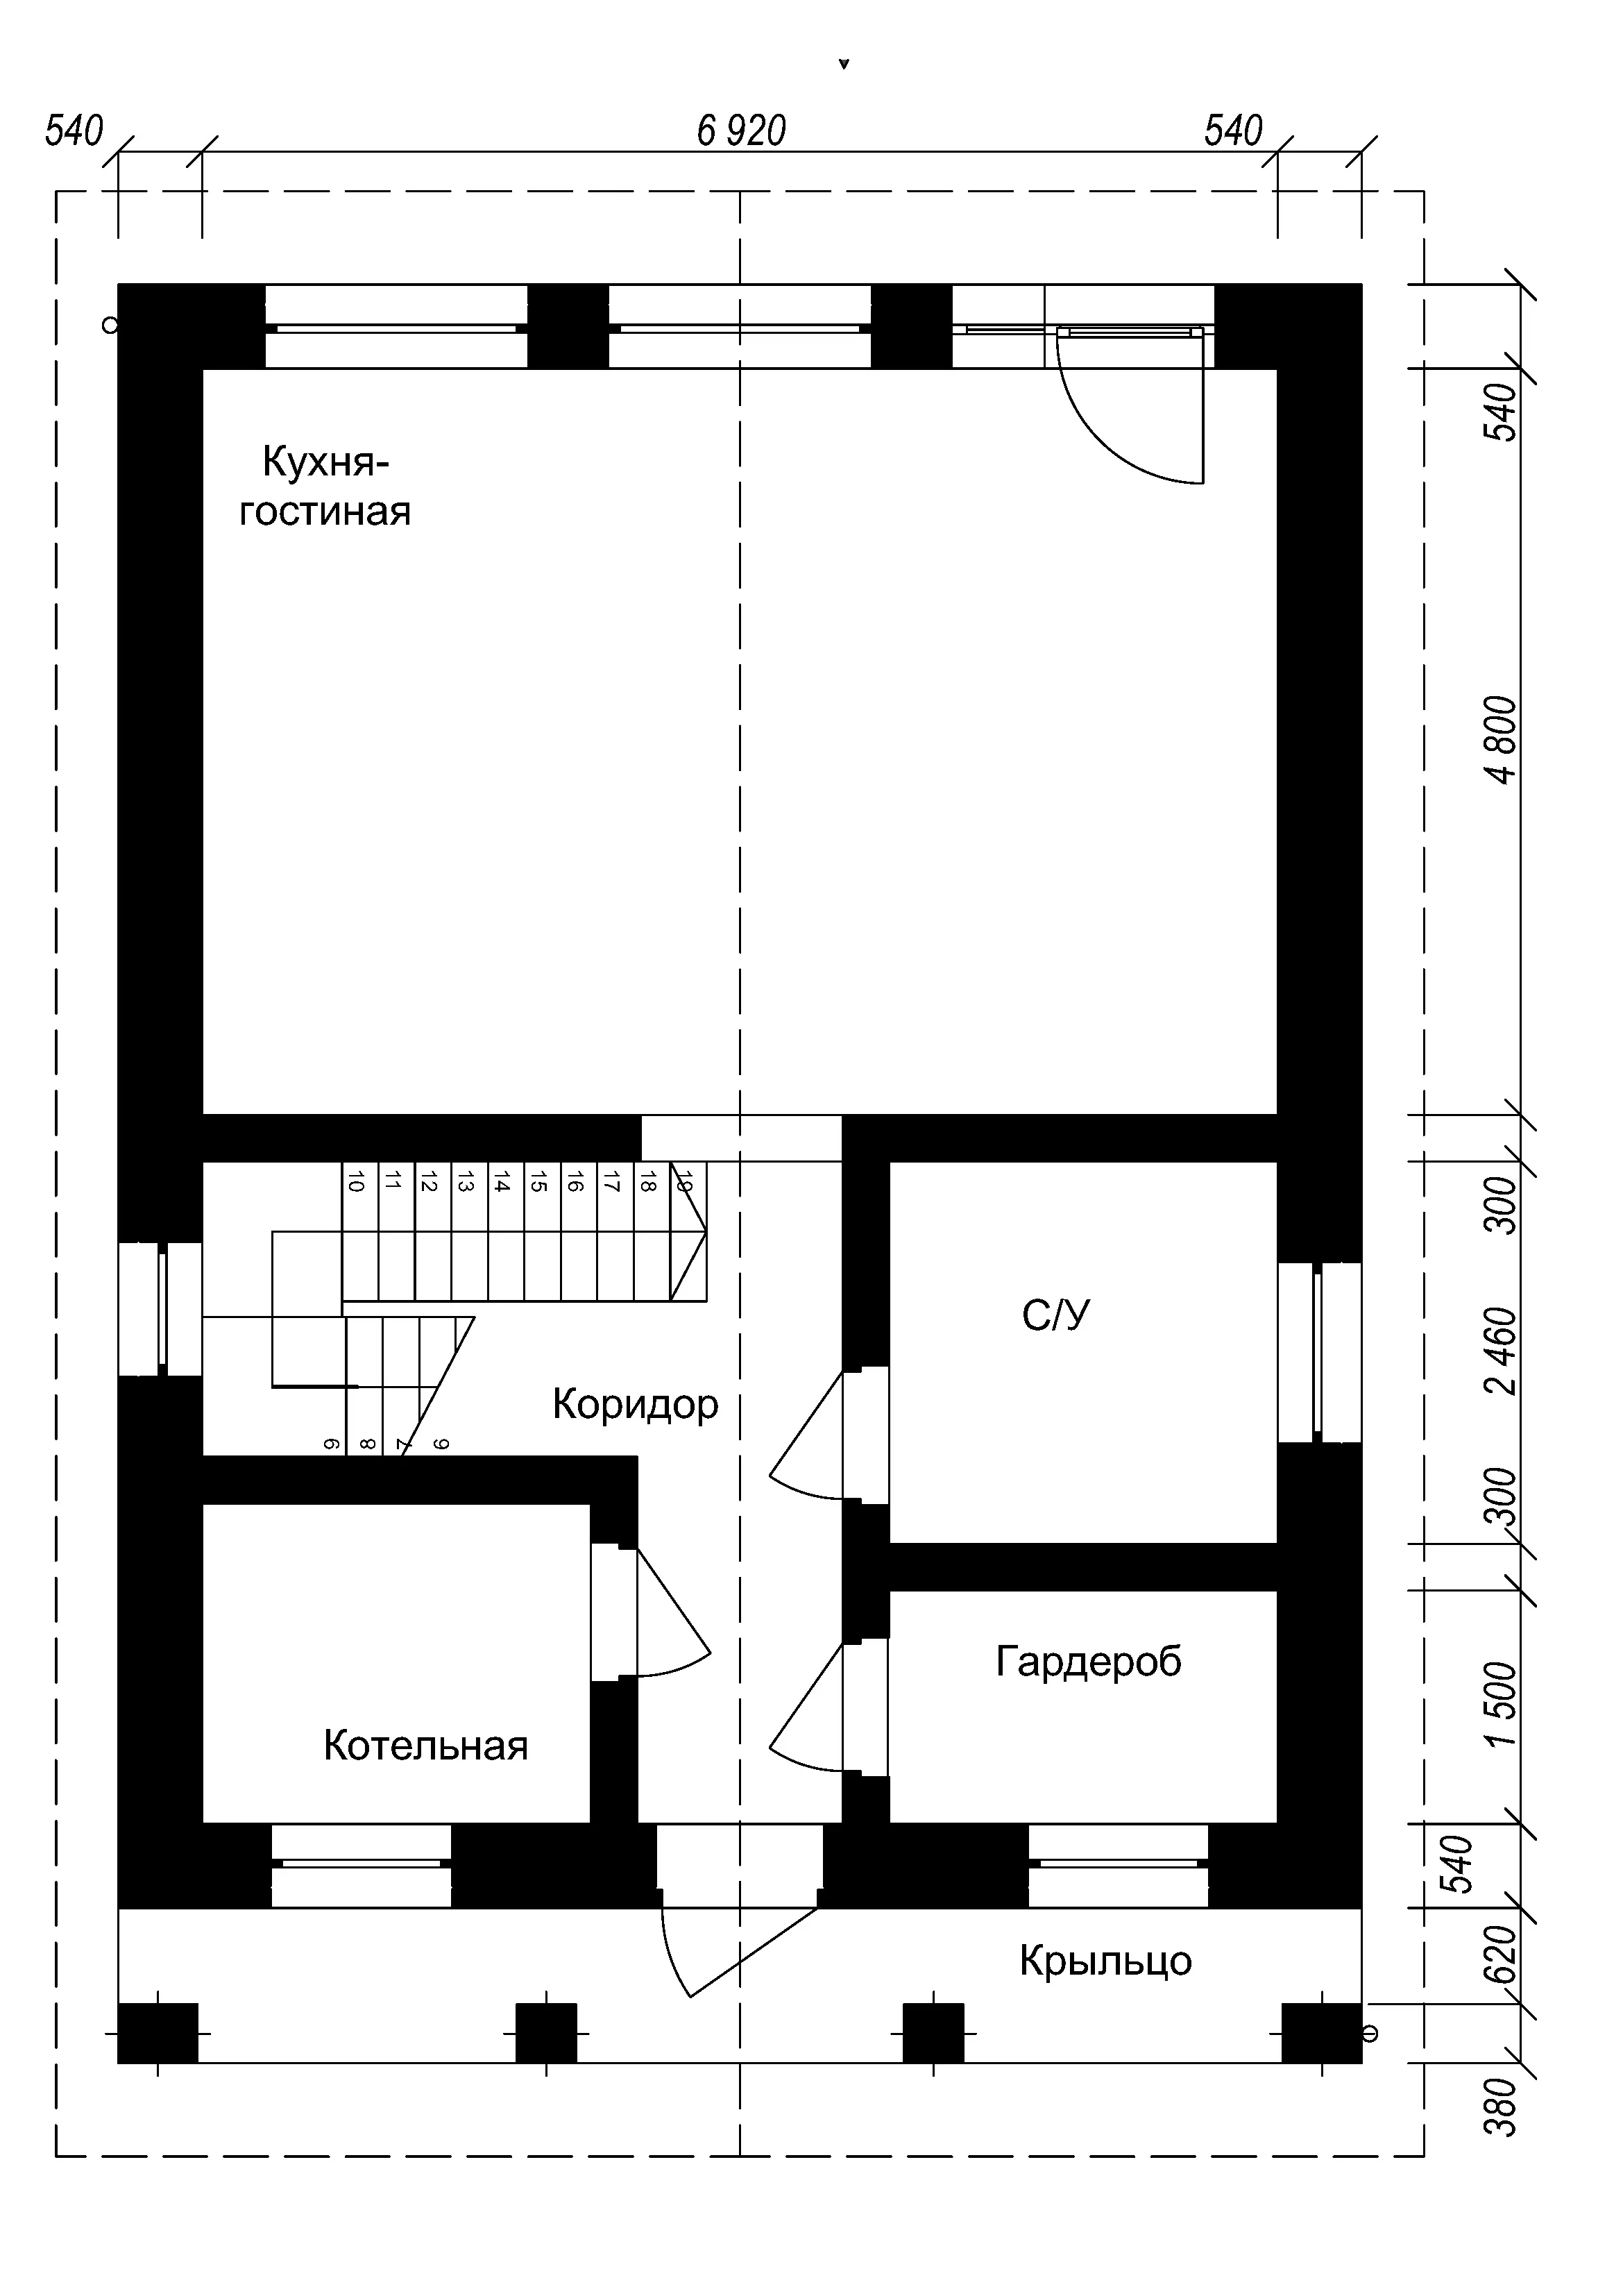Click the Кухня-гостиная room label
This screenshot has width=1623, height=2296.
tap(325, 487)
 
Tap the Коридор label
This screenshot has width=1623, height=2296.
tap(635, 1404)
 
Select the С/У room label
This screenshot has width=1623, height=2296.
tap(1056, 1315)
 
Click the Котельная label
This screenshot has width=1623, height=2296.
tap(426, 1746)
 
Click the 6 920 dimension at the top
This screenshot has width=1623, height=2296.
tap(742, 131)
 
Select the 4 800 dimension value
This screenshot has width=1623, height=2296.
tap(1501, 740)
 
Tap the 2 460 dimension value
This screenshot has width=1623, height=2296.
tap(1501, 1351)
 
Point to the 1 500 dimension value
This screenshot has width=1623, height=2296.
tap(1501, 1704)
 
